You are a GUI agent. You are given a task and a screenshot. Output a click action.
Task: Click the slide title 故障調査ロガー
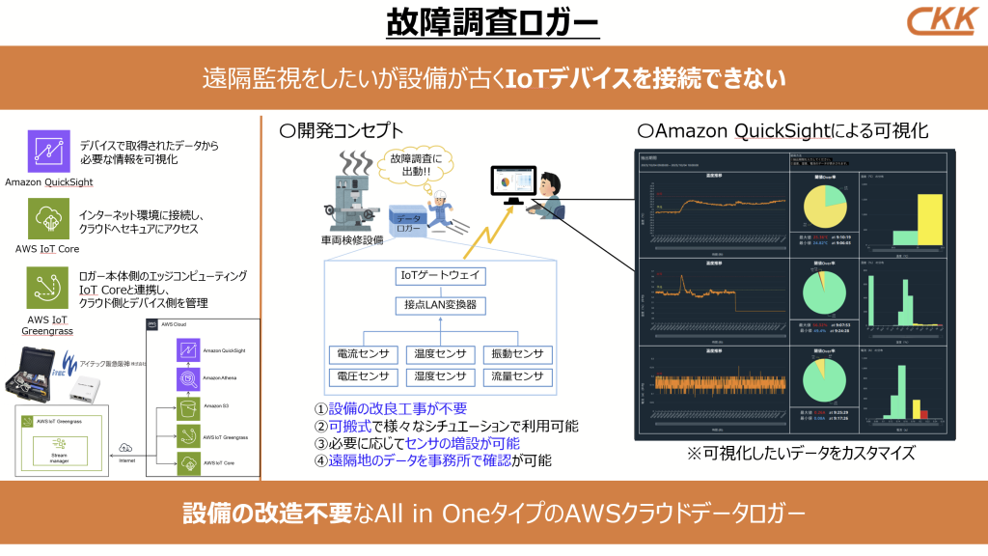click(x=493, y=22)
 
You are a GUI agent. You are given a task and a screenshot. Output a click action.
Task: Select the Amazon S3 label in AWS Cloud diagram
click(x=218, y=406)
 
